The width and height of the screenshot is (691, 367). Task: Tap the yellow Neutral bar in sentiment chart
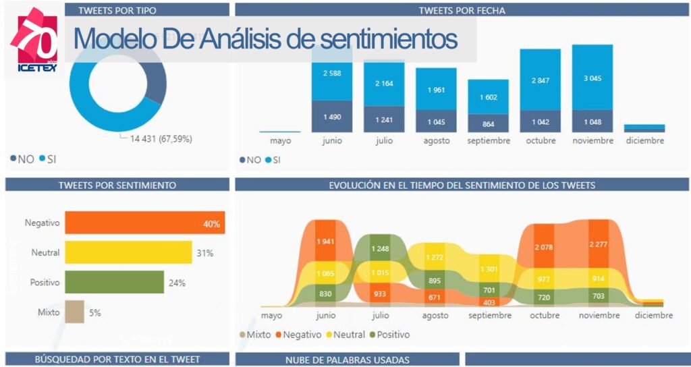click(111, 253)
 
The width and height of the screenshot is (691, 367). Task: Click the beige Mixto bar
click(75, 312)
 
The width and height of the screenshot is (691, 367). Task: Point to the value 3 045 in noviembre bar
click(592, 78)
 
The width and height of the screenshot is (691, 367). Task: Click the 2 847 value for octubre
click(540, 80)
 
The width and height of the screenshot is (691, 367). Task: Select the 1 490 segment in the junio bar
click(331, 117)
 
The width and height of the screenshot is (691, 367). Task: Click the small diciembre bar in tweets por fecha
click(644, 128)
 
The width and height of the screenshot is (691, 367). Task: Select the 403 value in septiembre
click(488, 303)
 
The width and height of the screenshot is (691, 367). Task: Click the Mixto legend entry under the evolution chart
click(254, 335)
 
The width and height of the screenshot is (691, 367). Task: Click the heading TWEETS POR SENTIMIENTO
click(117, 185)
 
